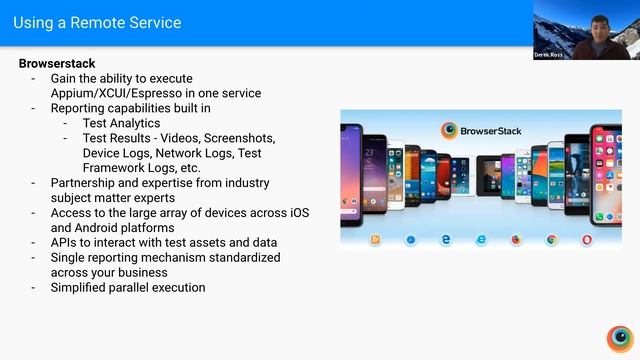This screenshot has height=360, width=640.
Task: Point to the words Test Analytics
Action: (121, 123)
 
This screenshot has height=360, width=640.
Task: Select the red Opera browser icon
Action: (587, 240)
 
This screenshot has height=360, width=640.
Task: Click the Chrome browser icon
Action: (551, 240)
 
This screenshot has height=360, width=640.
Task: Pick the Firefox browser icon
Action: (516, 240)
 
